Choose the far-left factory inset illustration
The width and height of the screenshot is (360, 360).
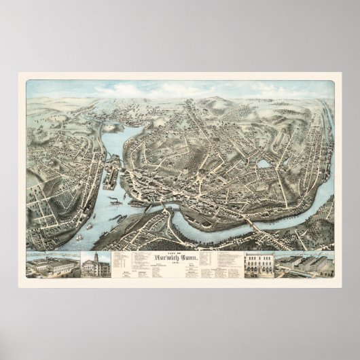53,266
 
